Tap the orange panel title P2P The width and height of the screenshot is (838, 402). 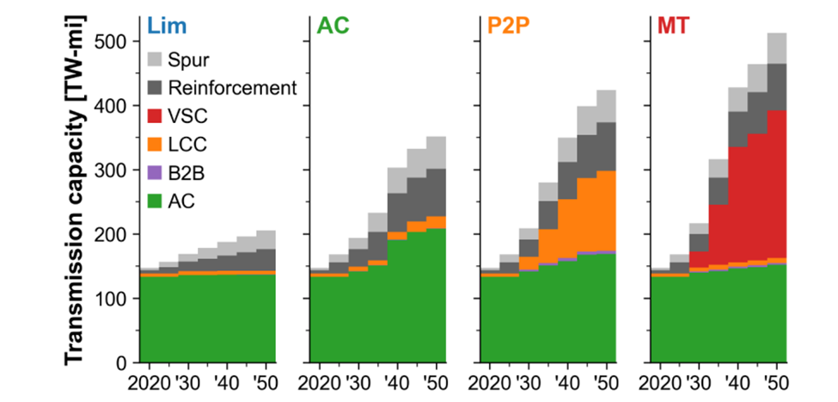[x=510, y=26]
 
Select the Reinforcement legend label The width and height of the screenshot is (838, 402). [x=232, y=87]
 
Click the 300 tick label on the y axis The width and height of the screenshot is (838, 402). [x=110, y=170]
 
